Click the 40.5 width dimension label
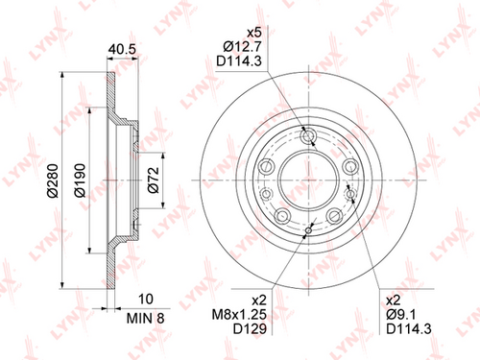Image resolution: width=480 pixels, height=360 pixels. (x=122, y=49)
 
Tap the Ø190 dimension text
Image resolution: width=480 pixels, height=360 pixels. (x=80, y=180)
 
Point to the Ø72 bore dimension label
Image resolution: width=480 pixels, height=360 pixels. (x=154, y=180)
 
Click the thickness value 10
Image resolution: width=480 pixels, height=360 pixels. (x=145, y=299)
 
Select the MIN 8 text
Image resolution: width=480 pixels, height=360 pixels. (x=145, y=318)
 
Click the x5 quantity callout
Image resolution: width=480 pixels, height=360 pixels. (x=254, y=33)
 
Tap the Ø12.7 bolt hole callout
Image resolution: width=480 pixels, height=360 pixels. (x=242, y=47)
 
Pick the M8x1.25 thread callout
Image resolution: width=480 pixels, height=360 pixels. (x=239, y=314)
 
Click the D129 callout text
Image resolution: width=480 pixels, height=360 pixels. (x=250, y=328)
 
